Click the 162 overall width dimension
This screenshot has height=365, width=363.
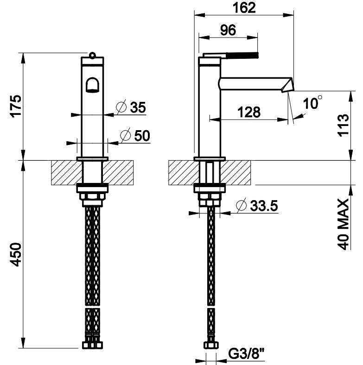point(244,8)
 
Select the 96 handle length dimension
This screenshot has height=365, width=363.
point(228,30)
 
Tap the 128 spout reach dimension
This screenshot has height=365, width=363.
point(249,112)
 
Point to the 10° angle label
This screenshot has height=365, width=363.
point(312,102)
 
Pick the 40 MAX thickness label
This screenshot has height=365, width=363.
point(344,224)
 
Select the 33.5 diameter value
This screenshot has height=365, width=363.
point(264,206)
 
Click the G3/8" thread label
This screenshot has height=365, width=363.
point(247,354)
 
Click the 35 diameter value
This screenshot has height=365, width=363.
point(138,107)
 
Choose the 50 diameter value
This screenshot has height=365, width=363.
point(142,135)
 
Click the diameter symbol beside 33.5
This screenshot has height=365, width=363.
point(241,205)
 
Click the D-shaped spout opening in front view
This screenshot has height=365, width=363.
point(93,85)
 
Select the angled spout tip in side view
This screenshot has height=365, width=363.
point(287,84)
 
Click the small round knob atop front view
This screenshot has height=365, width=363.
point(92,55)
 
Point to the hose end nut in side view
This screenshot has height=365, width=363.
point(211,345)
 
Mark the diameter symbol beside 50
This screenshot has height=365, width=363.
point(125,135)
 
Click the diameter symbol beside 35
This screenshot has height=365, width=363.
point(121,107)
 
